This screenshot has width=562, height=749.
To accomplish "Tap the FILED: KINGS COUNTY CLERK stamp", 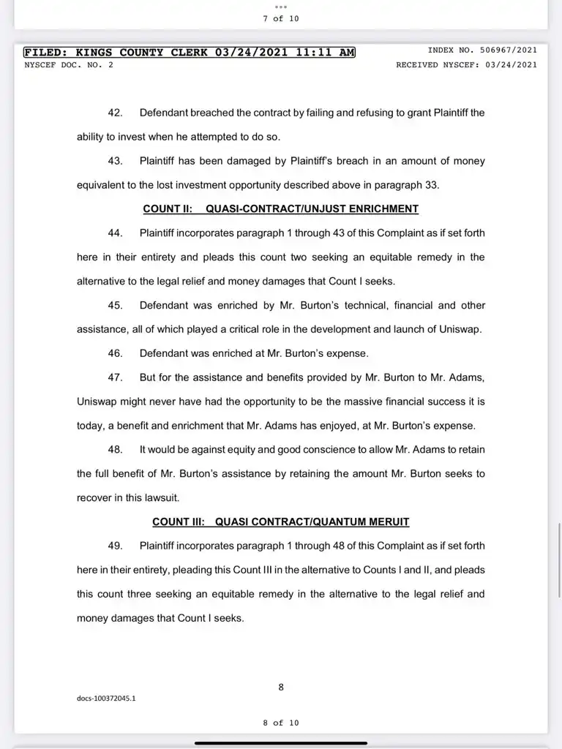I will coord(189,52).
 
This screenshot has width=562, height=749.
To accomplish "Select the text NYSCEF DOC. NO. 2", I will coord(69,64).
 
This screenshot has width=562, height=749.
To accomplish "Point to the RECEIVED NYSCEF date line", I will coord(466,64).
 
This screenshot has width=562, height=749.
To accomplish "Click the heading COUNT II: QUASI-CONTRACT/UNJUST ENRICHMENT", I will coord(280,209).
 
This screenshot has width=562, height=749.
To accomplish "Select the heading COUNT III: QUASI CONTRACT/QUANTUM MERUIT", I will coord(280,522).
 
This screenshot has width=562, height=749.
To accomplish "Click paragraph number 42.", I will coord(115,113).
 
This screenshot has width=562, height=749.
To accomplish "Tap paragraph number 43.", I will coord(115,161).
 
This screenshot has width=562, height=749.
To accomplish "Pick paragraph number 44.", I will coord(115,233).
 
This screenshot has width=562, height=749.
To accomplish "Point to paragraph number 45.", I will coord(115,305).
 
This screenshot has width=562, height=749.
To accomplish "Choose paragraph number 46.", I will coord(115,353).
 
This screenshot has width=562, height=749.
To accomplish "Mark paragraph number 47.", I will coord(115,377).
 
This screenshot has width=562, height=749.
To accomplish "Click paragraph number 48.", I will coord(115,449).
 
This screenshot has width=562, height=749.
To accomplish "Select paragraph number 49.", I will coord(115,546).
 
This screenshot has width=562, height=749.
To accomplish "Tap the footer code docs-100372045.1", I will coord(106,698).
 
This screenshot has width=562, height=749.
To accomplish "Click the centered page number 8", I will coord(281,687).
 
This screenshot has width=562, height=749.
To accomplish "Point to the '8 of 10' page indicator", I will coord(281,723).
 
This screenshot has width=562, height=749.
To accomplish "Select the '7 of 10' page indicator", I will coord(281,18).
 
